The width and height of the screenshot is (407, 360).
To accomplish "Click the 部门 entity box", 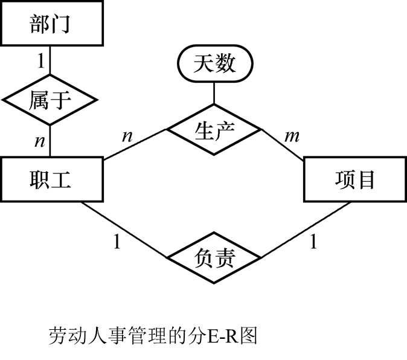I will click(x=50, y=24).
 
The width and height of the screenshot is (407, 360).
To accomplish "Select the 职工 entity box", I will click(x=51, y=179).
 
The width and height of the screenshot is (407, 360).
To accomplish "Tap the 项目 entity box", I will click(x=354, y=179).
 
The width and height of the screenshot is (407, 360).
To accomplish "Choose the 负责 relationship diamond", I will click(x=214, y=260).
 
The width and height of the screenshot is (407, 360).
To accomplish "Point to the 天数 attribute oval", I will click(x=214, y=63).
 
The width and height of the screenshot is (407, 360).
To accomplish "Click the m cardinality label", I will click(x=292, y=137).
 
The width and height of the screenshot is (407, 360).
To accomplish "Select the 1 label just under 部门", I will click(x=40, y=60).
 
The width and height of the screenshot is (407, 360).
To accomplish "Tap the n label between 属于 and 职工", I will click(x=39, y=141).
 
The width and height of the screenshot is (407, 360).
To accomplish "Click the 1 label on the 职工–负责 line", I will click(x=117, y=242).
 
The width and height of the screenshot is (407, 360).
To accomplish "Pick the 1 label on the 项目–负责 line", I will click(x=313, y=242).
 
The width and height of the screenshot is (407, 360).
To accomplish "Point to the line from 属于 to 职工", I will click(x=50, y=140).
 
